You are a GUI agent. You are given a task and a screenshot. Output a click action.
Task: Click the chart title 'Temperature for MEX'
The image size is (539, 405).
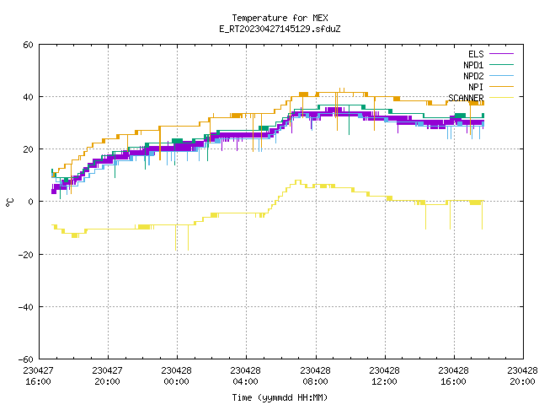(280, 18)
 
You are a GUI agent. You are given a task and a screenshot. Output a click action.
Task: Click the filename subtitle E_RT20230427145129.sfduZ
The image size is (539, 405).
(280, 29)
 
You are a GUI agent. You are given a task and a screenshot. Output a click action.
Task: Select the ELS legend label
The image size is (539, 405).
(476, 54)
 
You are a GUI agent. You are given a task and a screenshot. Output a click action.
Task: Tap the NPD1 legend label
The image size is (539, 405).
(473, 65)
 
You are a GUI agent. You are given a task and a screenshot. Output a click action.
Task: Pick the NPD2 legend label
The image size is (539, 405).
(473, 76)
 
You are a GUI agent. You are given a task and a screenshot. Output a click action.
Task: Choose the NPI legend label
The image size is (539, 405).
(476, 87)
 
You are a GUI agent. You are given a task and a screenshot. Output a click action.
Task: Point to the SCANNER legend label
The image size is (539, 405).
(466, 98)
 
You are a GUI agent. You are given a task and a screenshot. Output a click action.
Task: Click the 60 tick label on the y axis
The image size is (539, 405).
(28, 45)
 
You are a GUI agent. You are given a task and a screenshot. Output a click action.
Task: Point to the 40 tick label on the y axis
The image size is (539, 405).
(28, 97)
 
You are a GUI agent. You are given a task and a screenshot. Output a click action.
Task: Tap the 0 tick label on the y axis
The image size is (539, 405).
(30, 202)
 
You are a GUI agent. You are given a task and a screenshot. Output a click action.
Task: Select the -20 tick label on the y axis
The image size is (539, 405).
(26, 255)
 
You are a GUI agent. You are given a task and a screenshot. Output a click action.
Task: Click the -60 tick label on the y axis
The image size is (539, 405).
(26, 359)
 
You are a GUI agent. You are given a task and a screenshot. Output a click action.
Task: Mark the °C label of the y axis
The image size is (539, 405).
(10, 202)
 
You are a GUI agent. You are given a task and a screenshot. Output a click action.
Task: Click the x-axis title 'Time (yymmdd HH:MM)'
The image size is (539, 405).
(280, 397)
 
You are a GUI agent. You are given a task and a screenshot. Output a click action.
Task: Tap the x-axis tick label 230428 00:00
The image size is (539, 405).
(176, 376)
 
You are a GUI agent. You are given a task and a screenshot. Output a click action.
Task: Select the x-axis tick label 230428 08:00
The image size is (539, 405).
(315, 376)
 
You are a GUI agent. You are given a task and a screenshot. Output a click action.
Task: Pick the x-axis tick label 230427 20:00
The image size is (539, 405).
(107, 376)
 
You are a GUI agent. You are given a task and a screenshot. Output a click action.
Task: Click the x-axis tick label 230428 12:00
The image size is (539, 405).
(384, 376)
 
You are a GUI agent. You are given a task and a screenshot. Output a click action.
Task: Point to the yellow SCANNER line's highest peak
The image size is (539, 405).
(297, 181)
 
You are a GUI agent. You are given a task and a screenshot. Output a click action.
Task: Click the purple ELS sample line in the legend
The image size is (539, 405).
(501, 54)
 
